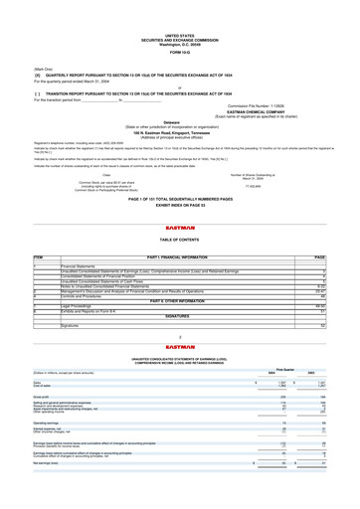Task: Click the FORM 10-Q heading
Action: [x=180, y=25]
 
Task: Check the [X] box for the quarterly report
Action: [x=41, y=47]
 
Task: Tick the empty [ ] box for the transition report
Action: [x=41, y=64]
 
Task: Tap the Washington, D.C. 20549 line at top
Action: [x=180, y=15]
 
